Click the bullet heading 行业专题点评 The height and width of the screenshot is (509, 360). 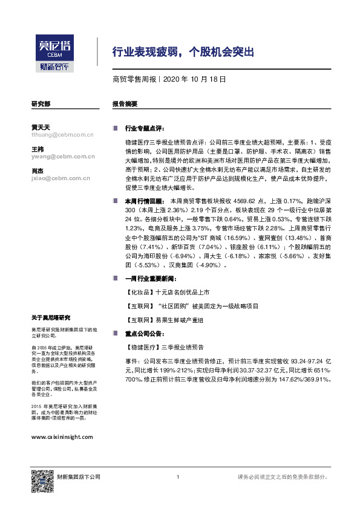(x=144, y=129)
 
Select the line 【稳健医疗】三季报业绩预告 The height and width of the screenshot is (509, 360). (x=167, y=348)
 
